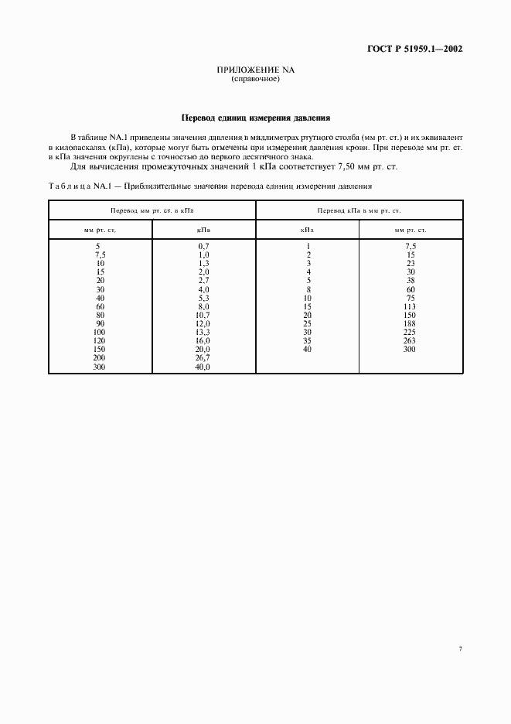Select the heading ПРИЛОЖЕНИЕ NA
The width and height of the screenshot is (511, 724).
[255, 70]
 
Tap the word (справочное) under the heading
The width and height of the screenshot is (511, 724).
[255, 79]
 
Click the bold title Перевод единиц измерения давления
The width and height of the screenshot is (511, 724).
[255, 118]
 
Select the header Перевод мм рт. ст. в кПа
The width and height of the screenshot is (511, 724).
[152, 210]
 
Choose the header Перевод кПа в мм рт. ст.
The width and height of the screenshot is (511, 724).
[359, 210]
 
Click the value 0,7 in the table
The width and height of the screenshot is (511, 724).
[204, 246]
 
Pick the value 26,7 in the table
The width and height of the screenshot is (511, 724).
[204, 359]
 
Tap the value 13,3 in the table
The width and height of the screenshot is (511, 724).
[204, 333]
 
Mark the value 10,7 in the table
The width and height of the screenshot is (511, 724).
[204, 316]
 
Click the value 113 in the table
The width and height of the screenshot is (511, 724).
[410, 306]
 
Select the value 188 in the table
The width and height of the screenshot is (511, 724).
[410, 324]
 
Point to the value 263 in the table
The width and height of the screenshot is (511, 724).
[410, 341]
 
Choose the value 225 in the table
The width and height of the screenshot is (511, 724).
[410, 333]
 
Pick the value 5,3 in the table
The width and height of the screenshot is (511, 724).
[204, 298]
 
